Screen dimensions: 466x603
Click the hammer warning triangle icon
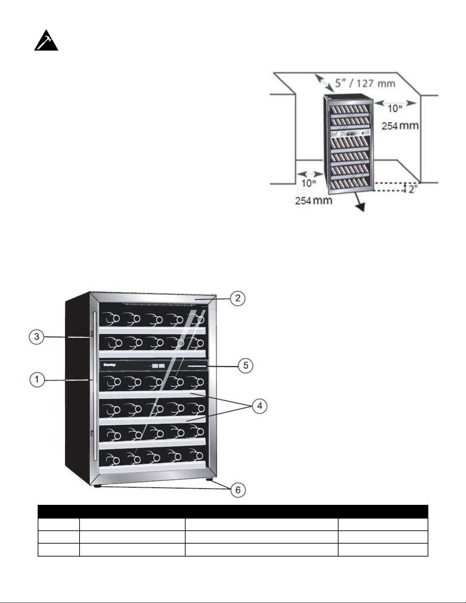pos(46,40)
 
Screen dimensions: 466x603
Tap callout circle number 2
pos(238,298)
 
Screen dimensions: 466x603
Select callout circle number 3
pos(37,337)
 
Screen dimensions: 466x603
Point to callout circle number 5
pos(246,366)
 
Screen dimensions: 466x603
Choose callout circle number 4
pos(259,406)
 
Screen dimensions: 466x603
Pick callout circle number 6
pos(238,490)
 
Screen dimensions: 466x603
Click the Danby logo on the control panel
pos(110,365)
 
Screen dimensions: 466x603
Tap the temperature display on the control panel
pos(158,366)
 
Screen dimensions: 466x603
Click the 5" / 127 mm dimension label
pos(365,83)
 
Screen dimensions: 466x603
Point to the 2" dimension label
pos(413,189)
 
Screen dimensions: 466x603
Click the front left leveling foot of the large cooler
pos(97,486)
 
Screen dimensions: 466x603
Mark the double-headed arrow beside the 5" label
pos(324,83)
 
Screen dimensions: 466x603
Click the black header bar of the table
pos(233,511)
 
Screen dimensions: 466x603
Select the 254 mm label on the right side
pos(400,126)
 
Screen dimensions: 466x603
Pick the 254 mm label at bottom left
pos(313,200)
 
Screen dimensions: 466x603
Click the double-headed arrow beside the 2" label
pos(405,188)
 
